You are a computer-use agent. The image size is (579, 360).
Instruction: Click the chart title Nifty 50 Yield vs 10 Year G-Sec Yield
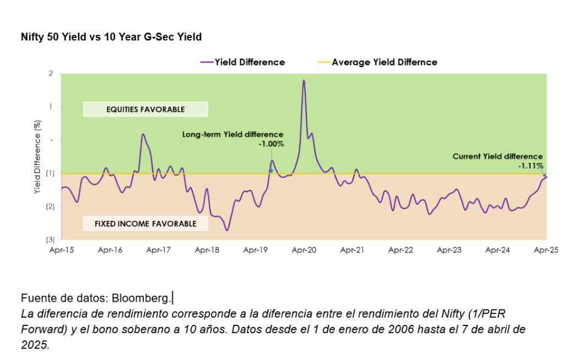tap(111, 37)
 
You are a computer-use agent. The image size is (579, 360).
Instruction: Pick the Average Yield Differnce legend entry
tap(384, 62)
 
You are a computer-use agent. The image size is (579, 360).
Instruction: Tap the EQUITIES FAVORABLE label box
tap(145, 109)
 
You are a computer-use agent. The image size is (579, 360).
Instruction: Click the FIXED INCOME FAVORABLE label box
tap(145, 224)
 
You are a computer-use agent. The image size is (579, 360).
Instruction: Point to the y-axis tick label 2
tap(51, 73)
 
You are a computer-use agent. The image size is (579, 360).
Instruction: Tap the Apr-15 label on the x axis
tap(62, 250)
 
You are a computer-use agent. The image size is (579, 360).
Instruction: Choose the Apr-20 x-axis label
tap(304, 250)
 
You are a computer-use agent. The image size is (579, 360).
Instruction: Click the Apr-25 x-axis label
tap(546, 250)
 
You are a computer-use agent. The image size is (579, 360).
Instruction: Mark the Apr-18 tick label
tap(207, 250)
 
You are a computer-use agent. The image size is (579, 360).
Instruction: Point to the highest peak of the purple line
tap(304, 80)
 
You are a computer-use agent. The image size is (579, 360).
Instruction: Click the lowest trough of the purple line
tap(227, 230)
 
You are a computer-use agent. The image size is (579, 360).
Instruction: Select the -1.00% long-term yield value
tap(271, 144)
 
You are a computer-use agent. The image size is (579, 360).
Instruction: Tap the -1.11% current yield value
tap(530, 165)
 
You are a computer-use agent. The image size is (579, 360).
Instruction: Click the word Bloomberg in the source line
tap(141, 298)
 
